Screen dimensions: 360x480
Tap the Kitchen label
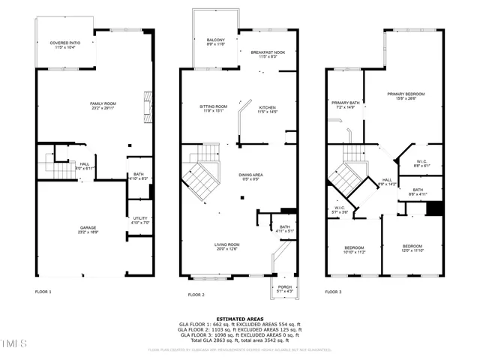(268, 109)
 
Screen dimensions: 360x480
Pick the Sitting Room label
(214, 109)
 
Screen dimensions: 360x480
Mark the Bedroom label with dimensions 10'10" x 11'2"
(354, 249)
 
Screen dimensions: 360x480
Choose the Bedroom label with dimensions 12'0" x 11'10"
(412, 248)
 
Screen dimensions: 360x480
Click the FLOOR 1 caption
(43, 291)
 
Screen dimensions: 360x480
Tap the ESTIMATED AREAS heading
(239, 318)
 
